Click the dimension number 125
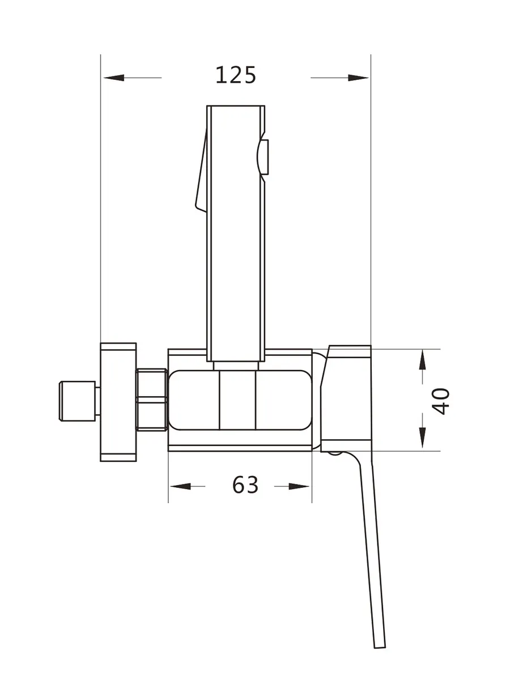pyautogui.click(x=236, y=75)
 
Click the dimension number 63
pyautogui.click(x=245, y=485)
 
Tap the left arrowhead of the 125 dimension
pyautogui.click(x=114, y=78)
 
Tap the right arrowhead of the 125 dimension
pyautogui.click(x=358, y=78)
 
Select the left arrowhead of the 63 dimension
pyautogui.click(x=181, y=486)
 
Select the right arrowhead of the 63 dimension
pyautogui.click(x=299, y=486)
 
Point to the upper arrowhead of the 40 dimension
pyautogui.click(x=422, y=360)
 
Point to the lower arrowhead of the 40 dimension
pyautogui.click(x=422, y=437)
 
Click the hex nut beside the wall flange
pyautogui.click(x=152, y=399)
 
